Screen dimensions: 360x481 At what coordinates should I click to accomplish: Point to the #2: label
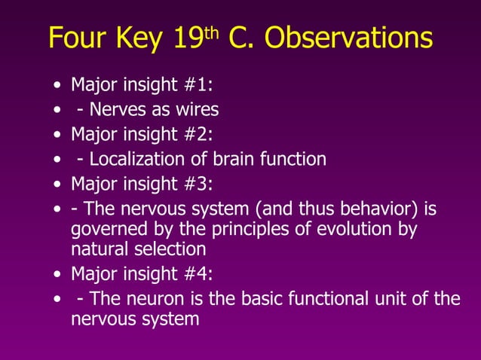pyautogui.click(x=198, y=135)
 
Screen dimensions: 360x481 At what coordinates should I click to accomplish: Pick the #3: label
pyautogui.click(x=198, y=184)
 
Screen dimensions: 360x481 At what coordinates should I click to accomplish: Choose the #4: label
pyautogui.click(x=198, y=276)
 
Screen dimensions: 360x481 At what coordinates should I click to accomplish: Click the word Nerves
pyautogui.click(x=117, y=111)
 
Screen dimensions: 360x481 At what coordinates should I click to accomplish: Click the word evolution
pyautogui.click(x=346, y=229)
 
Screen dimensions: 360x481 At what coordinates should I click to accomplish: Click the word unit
pyautogui.click(x=397, y=300)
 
